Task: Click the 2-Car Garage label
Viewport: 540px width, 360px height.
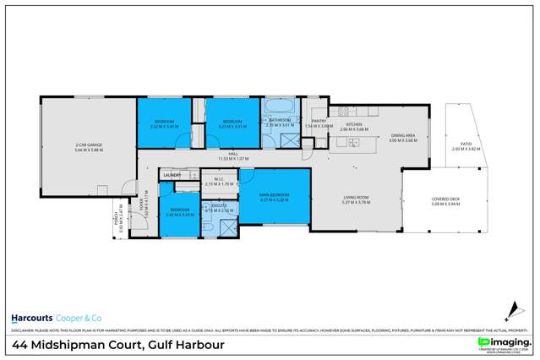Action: click(x=88, y=145)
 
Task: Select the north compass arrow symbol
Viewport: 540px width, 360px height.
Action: click(x=511, y=309)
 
